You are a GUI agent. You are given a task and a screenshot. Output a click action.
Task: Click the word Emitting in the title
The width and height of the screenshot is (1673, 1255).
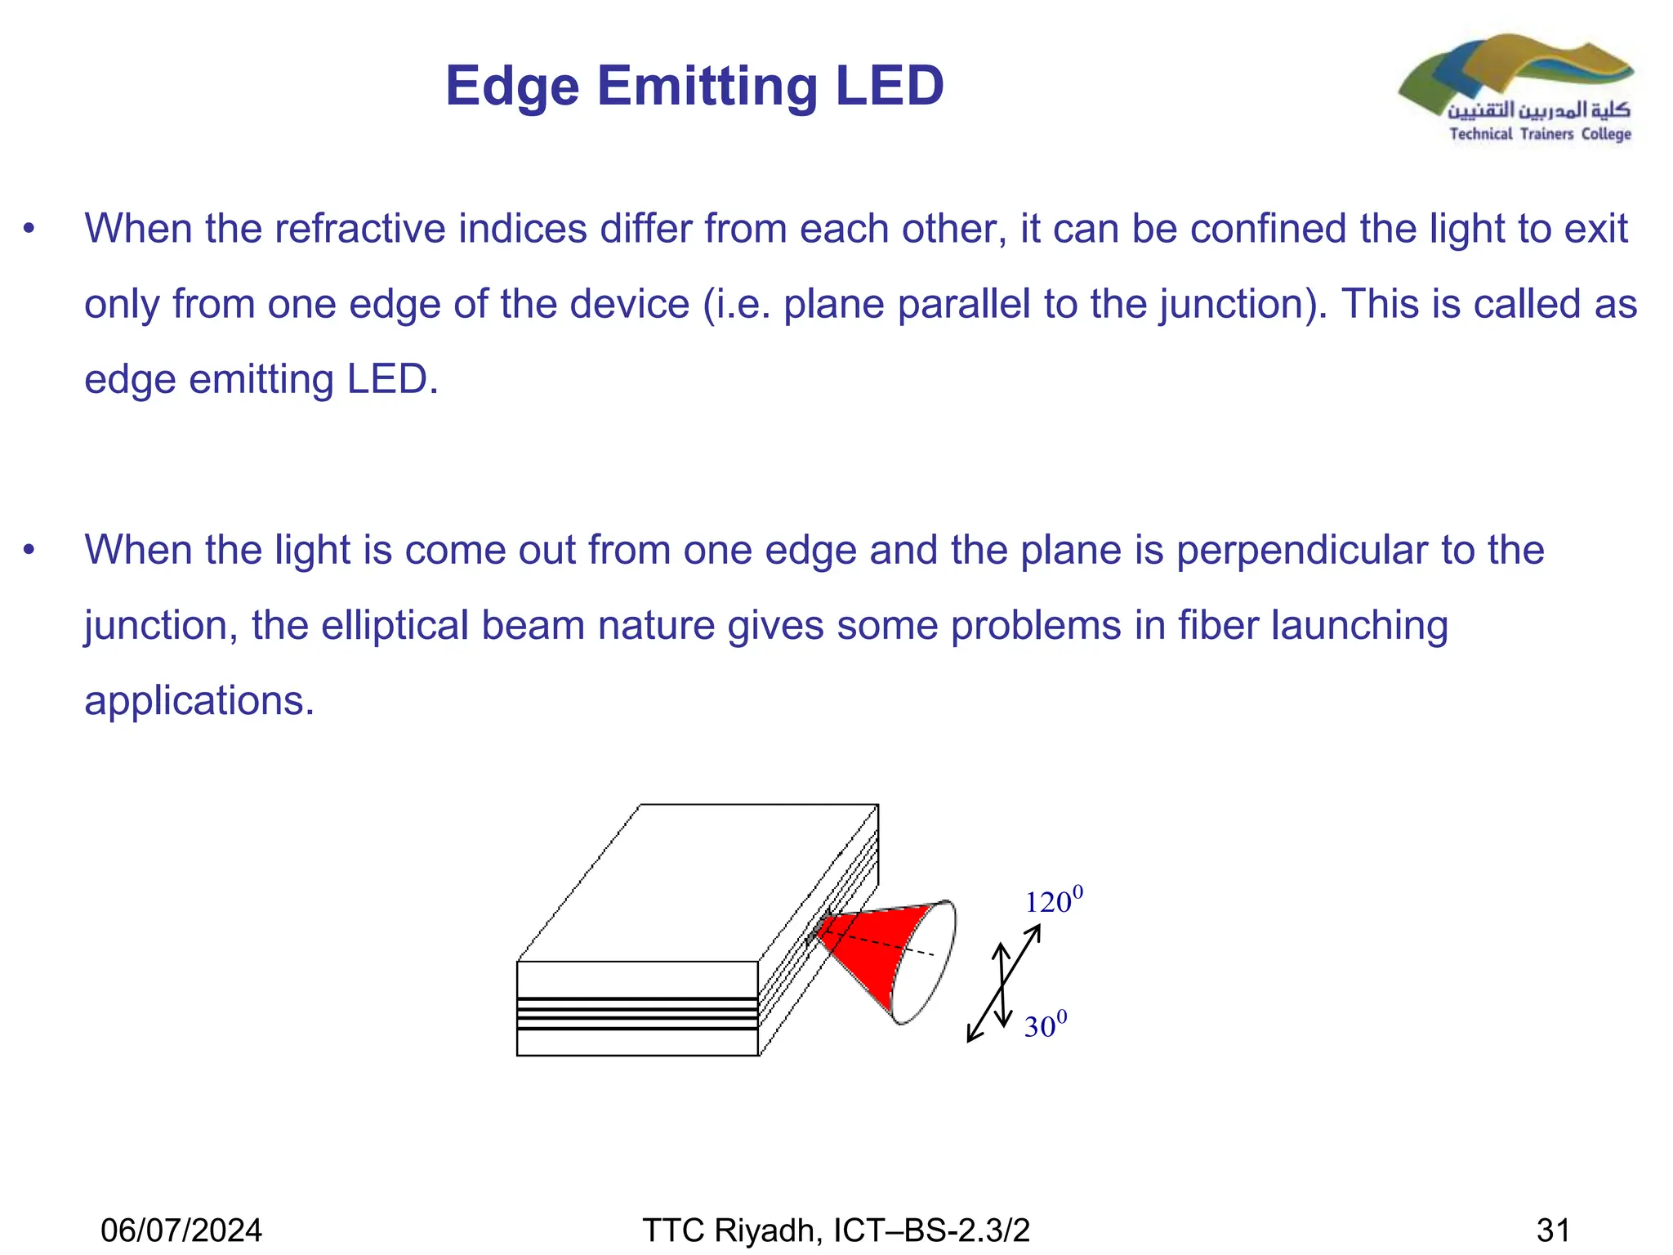[707, 86]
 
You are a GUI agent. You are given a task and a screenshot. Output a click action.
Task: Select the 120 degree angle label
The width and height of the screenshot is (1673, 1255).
[1052, 901]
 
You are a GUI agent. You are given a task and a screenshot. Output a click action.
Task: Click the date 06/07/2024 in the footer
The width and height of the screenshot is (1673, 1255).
[181, 1230]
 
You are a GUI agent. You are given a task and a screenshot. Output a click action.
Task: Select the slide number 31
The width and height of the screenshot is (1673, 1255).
[1553, 1230]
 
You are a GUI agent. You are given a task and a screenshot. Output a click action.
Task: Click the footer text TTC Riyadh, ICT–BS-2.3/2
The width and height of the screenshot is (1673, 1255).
[836, 1230]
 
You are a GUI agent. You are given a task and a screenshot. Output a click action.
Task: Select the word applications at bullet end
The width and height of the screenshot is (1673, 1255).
[199, 701]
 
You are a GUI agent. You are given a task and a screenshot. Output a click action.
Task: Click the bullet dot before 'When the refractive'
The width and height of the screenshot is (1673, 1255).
[29, 230]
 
